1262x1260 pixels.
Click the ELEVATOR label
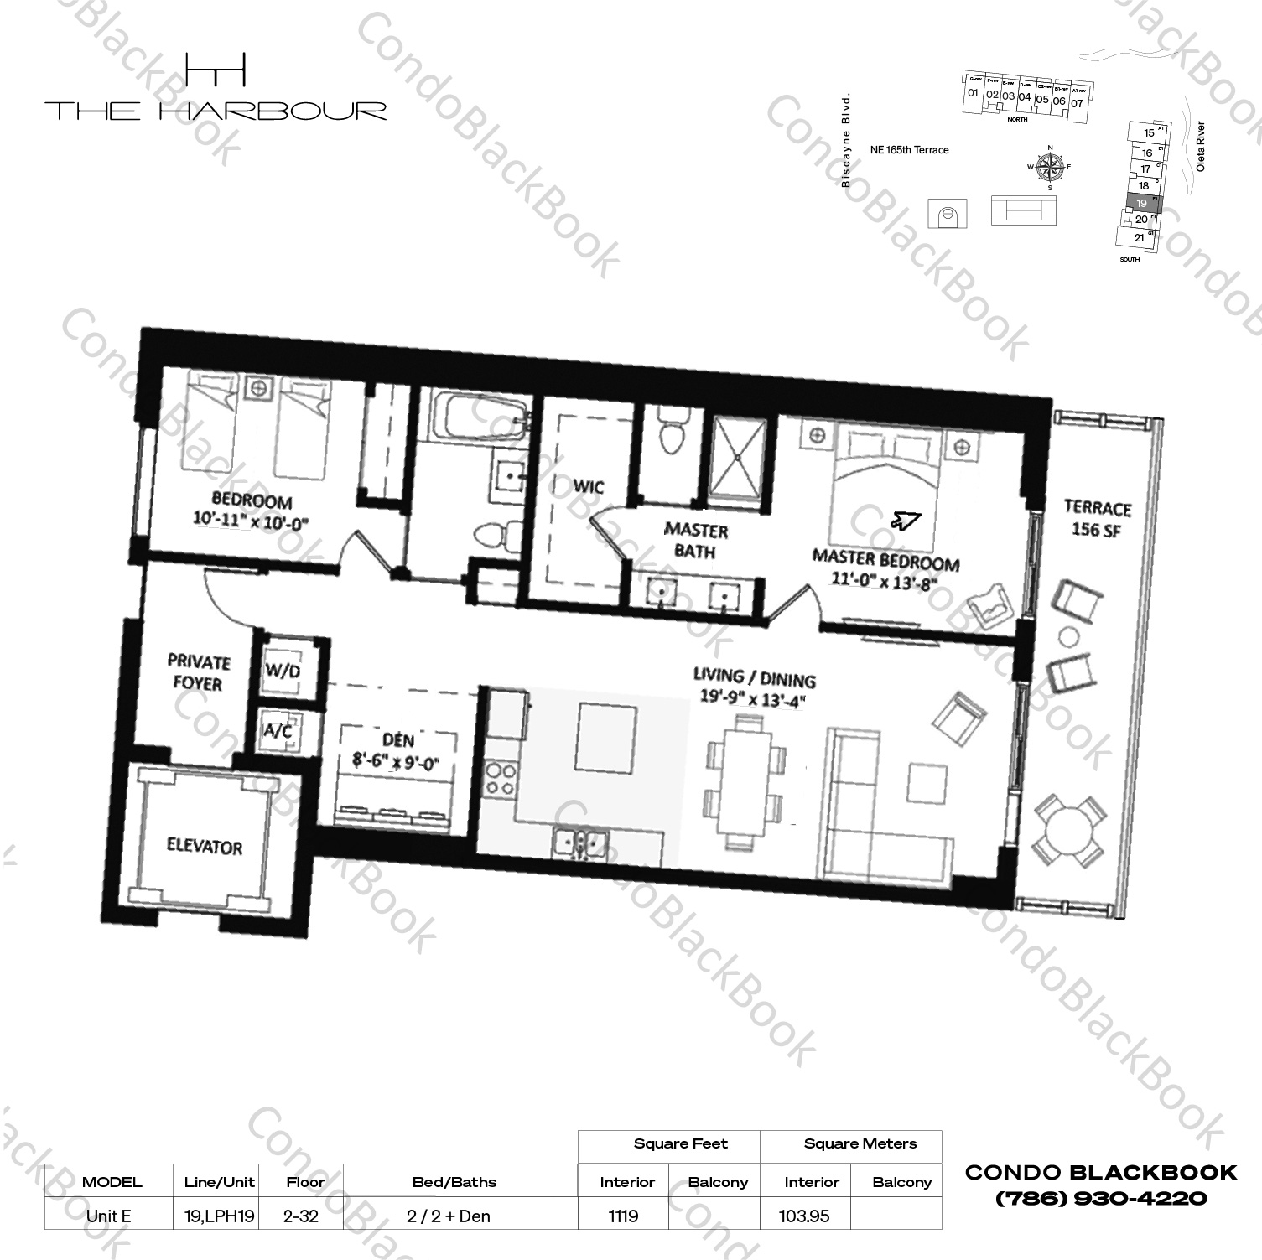tap(204, 847)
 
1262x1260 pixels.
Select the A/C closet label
tap(278, 731)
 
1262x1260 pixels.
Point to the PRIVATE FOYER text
tap(198, 672)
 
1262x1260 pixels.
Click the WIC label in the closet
tap(588, 487)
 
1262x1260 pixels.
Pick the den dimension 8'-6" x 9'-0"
tap(397, 763)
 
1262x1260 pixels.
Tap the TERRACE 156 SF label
tap(1098, 519)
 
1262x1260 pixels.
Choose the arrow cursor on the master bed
tap(906, 521)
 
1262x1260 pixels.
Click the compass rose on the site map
tap(1049, 167)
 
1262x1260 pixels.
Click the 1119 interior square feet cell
tap(623, 1216)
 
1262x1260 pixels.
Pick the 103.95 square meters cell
tap(803, 1216)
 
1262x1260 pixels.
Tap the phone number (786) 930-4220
tap(1101, 1199)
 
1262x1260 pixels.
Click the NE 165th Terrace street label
tap(909, 150)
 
